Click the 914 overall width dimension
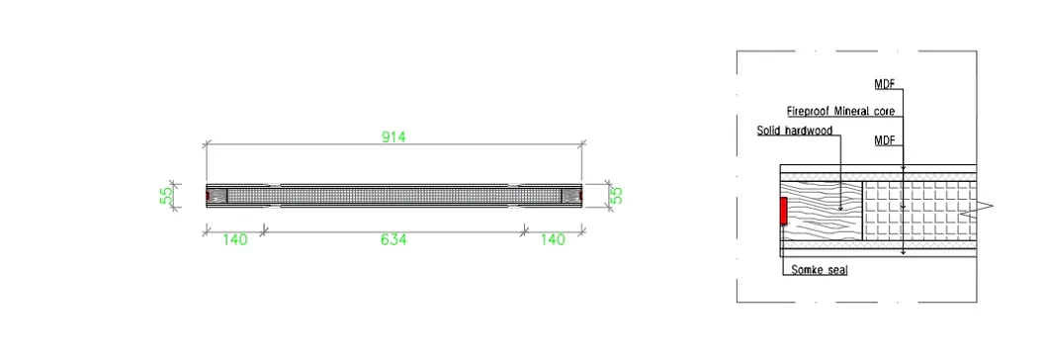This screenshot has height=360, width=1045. (393, 136)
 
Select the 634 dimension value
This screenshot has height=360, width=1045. (393, 239)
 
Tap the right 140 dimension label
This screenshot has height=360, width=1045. (554, 239)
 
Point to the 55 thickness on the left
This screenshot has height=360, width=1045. (167, 194)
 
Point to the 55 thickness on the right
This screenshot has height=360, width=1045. (617, 194)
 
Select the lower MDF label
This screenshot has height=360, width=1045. (885, 141)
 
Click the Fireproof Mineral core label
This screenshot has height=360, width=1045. (840, 112)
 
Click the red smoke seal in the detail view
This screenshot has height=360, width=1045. (783, 211)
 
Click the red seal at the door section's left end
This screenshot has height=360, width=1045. (208, 196)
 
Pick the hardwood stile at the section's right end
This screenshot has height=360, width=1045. (570, 195)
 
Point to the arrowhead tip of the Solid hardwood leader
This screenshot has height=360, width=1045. (839, 210)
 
